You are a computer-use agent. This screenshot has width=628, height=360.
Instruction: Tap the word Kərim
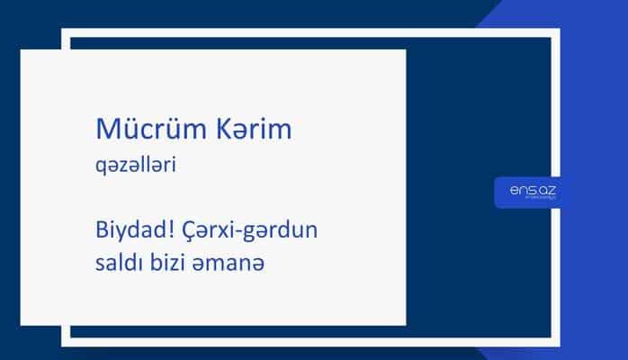click(253, 130)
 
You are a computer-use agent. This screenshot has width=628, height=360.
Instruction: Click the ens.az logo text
click(529, 188)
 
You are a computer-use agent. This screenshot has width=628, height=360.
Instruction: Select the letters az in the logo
click(545, 188)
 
